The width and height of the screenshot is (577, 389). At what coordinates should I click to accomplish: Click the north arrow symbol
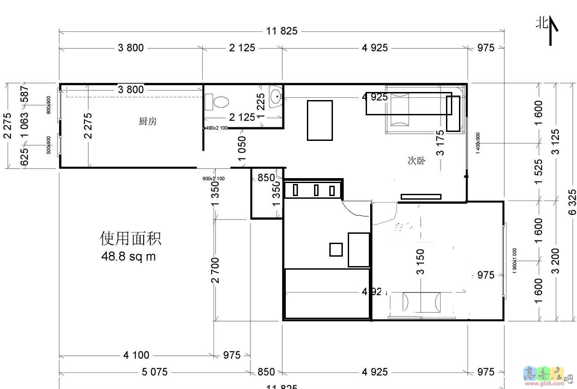coord(552,31)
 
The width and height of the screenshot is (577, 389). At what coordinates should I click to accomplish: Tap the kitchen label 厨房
coord(148,121)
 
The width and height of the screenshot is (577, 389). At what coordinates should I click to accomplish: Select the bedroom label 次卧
coord(416,161)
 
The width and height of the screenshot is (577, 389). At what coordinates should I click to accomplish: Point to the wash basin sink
coord(275,96)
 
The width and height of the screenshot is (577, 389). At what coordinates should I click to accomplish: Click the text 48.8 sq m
coord(129,257)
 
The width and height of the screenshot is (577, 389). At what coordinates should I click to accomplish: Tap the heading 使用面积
coord(130,238)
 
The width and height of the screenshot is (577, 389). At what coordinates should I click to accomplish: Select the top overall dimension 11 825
coord(281,31)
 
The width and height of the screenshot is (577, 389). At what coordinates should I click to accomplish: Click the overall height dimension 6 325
coord(572,202)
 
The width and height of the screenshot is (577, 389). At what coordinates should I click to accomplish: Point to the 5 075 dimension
coord(154,372)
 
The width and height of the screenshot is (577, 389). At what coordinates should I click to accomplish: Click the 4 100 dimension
coord(136,355)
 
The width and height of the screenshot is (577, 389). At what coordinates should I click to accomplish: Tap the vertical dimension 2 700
coord(216,271)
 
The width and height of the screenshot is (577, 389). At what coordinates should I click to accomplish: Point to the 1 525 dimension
coord(539,171)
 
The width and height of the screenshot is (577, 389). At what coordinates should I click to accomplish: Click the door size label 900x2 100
coord(214,179)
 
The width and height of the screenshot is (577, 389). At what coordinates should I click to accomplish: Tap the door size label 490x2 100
coord(216,128)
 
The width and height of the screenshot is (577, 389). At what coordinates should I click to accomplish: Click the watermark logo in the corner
coord(547,376)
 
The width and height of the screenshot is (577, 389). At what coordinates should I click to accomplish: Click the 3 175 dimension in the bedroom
coord(441,143)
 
